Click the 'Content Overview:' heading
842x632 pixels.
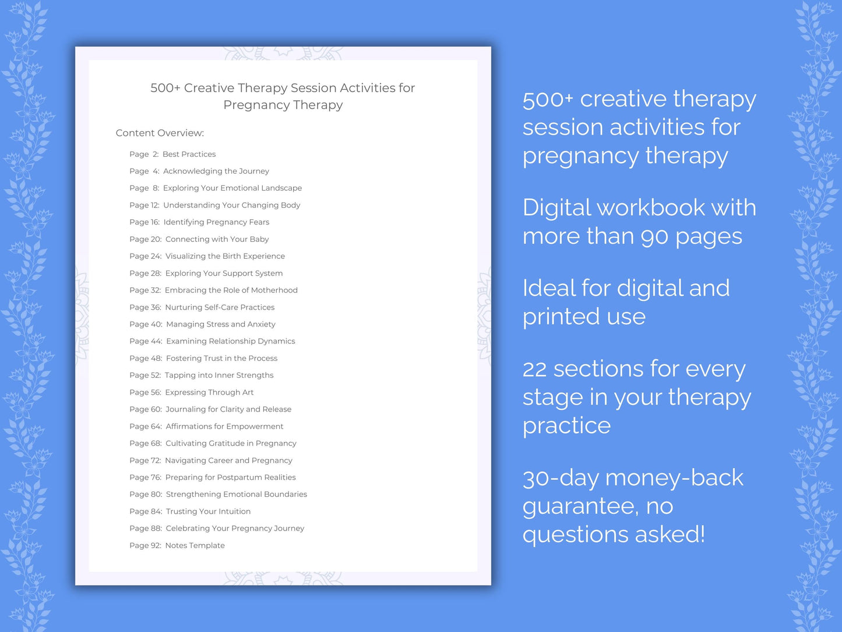160,133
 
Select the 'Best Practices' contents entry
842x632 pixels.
189,154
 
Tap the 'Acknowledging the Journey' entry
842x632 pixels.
216,171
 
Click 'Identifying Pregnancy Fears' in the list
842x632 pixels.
216,222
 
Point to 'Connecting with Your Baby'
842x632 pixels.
217,239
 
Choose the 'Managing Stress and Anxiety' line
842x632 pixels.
220,324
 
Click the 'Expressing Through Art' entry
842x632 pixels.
209,392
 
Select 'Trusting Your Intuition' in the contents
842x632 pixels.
208,511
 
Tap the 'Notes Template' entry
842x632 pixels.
195,545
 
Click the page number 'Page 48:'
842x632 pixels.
146,358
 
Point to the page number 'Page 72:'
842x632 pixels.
145,461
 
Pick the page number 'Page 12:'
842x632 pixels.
145,205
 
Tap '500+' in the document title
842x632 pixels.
165,88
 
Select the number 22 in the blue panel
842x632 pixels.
534,369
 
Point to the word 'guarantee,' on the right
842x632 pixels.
580,507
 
